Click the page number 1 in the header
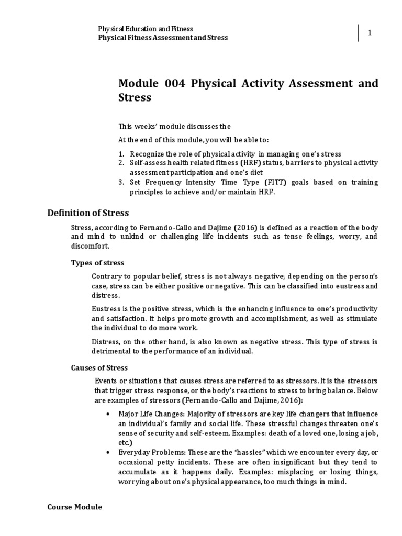coord(370,33)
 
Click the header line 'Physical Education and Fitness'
coord(147,29)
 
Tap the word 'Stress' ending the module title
coord(135,97)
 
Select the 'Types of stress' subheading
coord(97,262)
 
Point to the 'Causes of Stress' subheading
coord(99,367)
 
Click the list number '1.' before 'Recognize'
coord(121,154)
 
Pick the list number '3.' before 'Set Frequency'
coord(121,182)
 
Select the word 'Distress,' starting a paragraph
coord(106,342)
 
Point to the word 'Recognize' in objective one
coord(148,154)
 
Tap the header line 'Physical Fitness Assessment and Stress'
coord(163,38)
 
